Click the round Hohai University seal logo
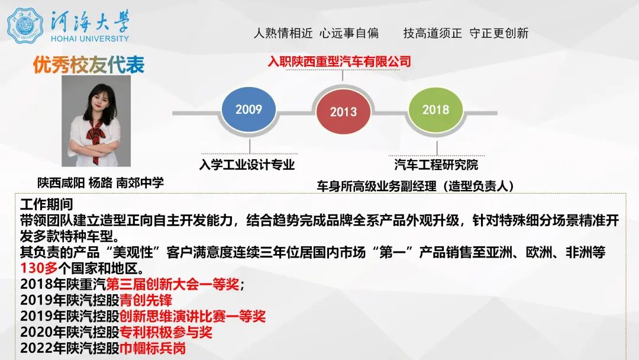pos(25,25)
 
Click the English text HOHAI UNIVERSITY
pos(90,38)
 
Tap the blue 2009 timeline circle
pos(248,110)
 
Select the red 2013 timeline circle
pos(343,112)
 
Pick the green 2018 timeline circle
pos(436,110)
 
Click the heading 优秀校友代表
pos(89,66)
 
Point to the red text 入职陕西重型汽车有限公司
pos(339,61)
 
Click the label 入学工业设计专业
pos(247,165)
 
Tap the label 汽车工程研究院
pos(436,165)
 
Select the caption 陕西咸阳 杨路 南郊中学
pos(101,182)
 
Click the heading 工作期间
pos(47,204)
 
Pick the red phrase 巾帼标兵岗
pos(153,348)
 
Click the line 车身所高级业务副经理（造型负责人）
pos(415,186)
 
